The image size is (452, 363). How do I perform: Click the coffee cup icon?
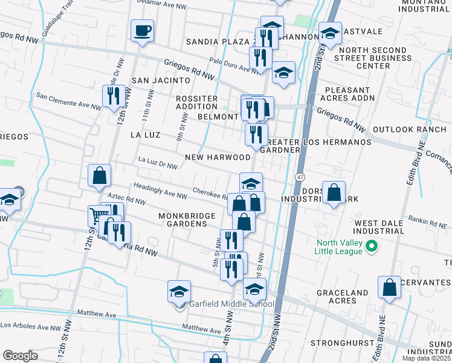[x=142, y=30]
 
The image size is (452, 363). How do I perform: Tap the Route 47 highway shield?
[x=299, y=177]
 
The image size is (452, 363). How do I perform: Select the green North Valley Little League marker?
[x=373, y=246]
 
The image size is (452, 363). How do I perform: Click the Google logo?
[x=20, y=356]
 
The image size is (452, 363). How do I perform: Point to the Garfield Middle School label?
[x=232, y=304]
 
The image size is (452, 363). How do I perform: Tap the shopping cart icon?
[x=98, y=215]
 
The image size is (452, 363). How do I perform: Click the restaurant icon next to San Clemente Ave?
[x=113, y=96]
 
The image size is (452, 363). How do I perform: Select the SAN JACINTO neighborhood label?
[x=157, y=80]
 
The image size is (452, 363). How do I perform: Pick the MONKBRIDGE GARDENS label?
[x=182, y=220]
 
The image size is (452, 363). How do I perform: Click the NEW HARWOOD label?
[x=218, y=157]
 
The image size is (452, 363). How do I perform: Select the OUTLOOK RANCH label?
[x=408, y=129]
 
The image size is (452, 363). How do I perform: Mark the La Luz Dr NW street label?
[x=158, y=162]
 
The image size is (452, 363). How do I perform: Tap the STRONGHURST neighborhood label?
[x=336, y=343]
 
